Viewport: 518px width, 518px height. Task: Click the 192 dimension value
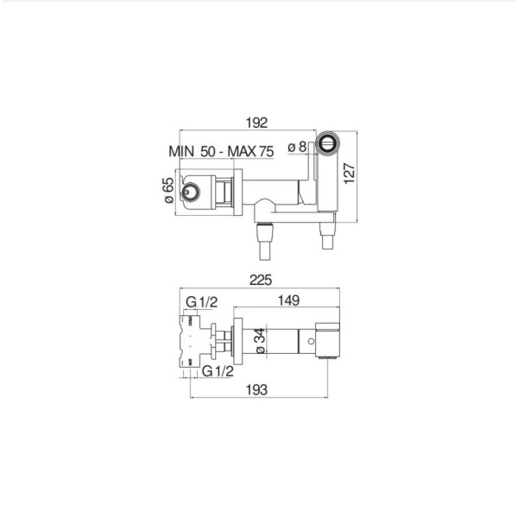256,123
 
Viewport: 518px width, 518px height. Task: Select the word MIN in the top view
181,151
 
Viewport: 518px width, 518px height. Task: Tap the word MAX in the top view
242,152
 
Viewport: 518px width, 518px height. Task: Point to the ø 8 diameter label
297,147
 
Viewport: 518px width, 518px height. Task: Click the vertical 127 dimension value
349,174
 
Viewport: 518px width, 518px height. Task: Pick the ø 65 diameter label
168,191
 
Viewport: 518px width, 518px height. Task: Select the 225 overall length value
261,280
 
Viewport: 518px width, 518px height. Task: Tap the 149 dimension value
288,300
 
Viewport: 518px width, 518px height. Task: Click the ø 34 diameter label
261,341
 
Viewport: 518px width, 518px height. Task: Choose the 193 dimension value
256,390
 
